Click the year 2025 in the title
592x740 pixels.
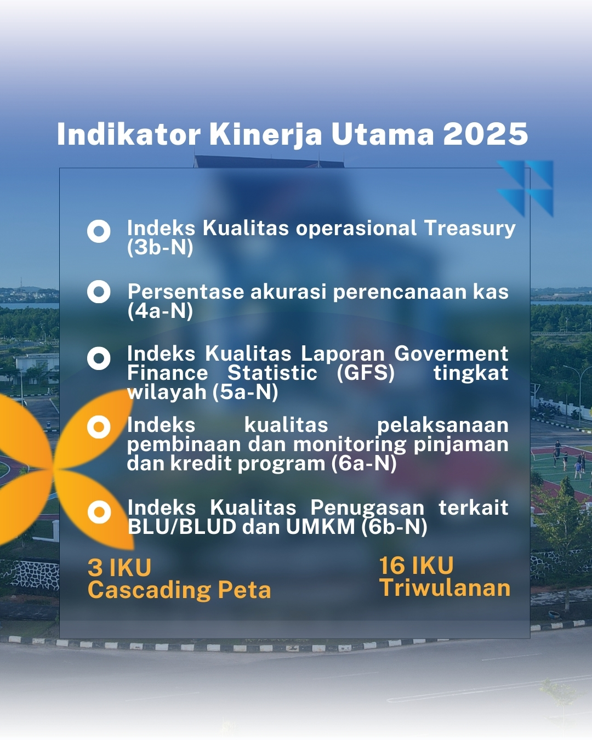[485, 134]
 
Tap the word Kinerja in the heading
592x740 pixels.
[265, 134]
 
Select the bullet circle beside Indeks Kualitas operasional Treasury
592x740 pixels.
[99, 231]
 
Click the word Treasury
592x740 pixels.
[470, 229]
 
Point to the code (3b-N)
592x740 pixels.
[160, 247]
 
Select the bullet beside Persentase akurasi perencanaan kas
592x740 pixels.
[99, 292]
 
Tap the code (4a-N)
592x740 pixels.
[160, 311]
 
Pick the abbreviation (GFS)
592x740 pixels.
[365, 373]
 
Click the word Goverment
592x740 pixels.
[451, 354]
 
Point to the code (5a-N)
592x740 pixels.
[245, 392]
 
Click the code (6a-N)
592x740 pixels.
[364, 464]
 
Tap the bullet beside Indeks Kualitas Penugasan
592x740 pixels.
[99, 511]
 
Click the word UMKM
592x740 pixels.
[320, 527]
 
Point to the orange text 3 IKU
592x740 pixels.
[119, 568]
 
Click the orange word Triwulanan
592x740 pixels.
[445, 588]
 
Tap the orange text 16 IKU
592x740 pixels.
[416, 566]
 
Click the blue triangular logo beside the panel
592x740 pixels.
[525, 188]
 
